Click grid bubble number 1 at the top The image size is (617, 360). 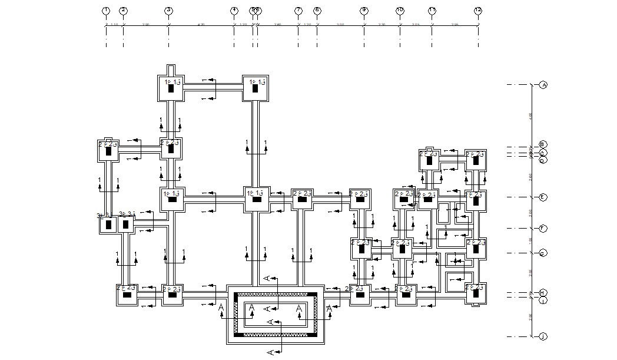(x=106, y=11)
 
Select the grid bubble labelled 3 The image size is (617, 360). (x=168, y=11)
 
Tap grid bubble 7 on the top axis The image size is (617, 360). (x=298, y=11)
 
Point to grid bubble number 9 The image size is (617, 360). (x=364, y=11)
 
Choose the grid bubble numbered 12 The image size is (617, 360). (x=477, y=11)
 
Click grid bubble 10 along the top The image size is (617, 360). (x=400, y=11)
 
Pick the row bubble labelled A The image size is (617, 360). (x=543, y=85)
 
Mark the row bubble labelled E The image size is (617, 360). (x=543, y=197)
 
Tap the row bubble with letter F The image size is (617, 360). (x=543, y=228)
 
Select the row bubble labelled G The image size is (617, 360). (x=543, y=253)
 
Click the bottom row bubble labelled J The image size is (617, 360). (x=543, y=336)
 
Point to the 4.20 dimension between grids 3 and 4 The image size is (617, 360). (x=201, y=24)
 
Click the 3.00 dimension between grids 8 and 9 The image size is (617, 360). (x=340, y=24)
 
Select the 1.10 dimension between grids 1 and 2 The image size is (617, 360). (x=114, y=24)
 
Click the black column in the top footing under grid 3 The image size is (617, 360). (x=171, y=88)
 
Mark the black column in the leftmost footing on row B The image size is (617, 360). (x=109, y=151)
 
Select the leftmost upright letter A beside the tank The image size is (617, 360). (x=221, y=308)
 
